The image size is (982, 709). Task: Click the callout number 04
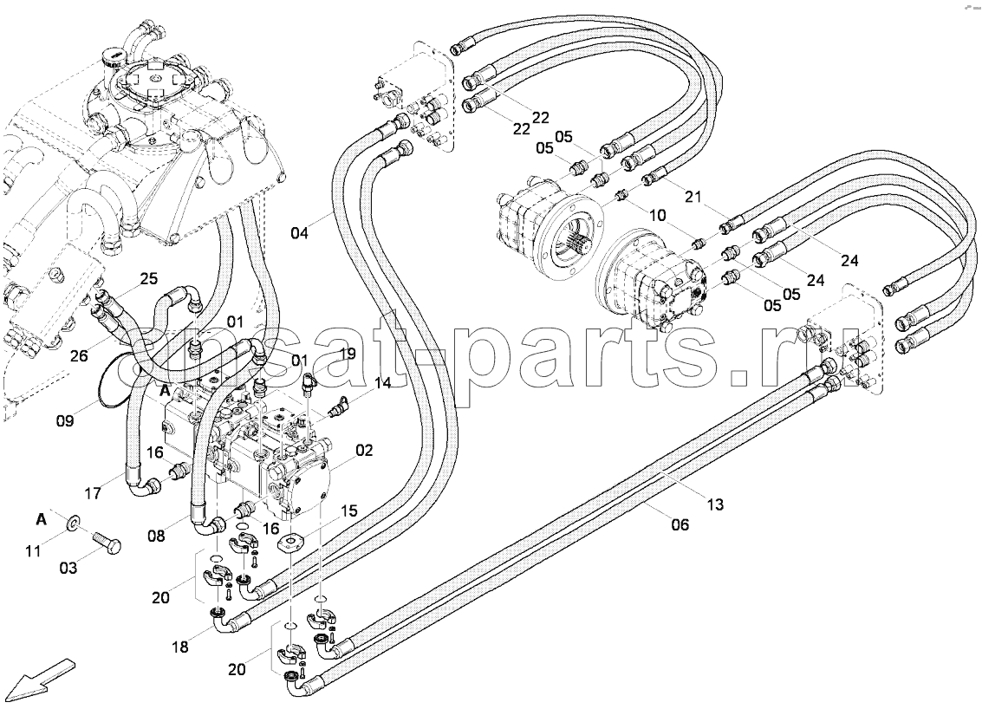pos(299,234)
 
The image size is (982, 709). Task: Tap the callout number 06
pos(680,524)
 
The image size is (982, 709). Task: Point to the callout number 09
pos(64,420)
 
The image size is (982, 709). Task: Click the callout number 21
pos(693,197)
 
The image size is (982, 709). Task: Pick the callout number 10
pos(658,216)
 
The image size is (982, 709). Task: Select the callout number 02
pos(364,451)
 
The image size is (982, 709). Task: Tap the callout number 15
pos(348,511)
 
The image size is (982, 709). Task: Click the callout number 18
pos(179,647)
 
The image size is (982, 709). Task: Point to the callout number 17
pos(93,493)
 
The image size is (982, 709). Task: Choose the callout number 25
pos(148,279)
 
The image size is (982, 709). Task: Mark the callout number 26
pos(79,356)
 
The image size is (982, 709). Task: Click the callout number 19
pos(347,354)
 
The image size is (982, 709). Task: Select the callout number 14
pos(382,383)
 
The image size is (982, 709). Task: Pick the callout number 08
pos(157,536)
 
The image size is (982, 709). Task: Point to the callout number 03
pos(68,568)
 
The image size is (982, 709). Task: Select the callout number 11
pos(33,550)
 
